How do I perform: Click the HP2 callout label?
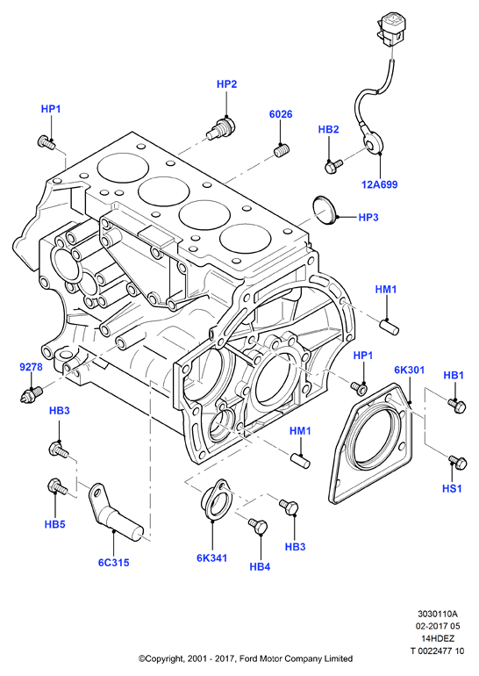pyautogui.click(x=226, y=84)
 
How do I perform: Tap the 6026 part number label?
pyautogui.click(x=281, y=114)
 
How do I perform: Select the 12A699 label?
pyautogui.click(x=379, y=184)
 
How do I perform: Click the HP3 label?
pyautogui.click(x=368, y=218)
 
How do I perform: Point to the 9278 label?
pyautogui.click(x=31, y=367)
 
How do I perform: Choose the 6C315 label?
pyautogui.click(x=113, y=562)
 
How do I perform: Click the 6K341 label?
pyautogui.click(x=211, y=557)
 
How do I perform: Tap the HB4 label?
pyautogui.click(x=260, y=566)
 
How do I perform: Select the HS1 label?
pyautogui.click(x=452, y=488)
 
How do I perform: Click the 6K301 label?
pyautogui.click(x=409, y=370)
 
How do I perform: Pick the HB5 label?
pyautogui.click(x=54, y=524)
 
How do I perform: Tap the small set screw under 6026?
pyautogui.click(x=282, y=151)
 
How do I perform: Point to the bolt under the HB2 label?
pyautogui.click(x=333, y=166)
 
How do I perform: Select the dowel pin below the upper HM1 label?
pyautogui.click(x=390, y=327)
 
